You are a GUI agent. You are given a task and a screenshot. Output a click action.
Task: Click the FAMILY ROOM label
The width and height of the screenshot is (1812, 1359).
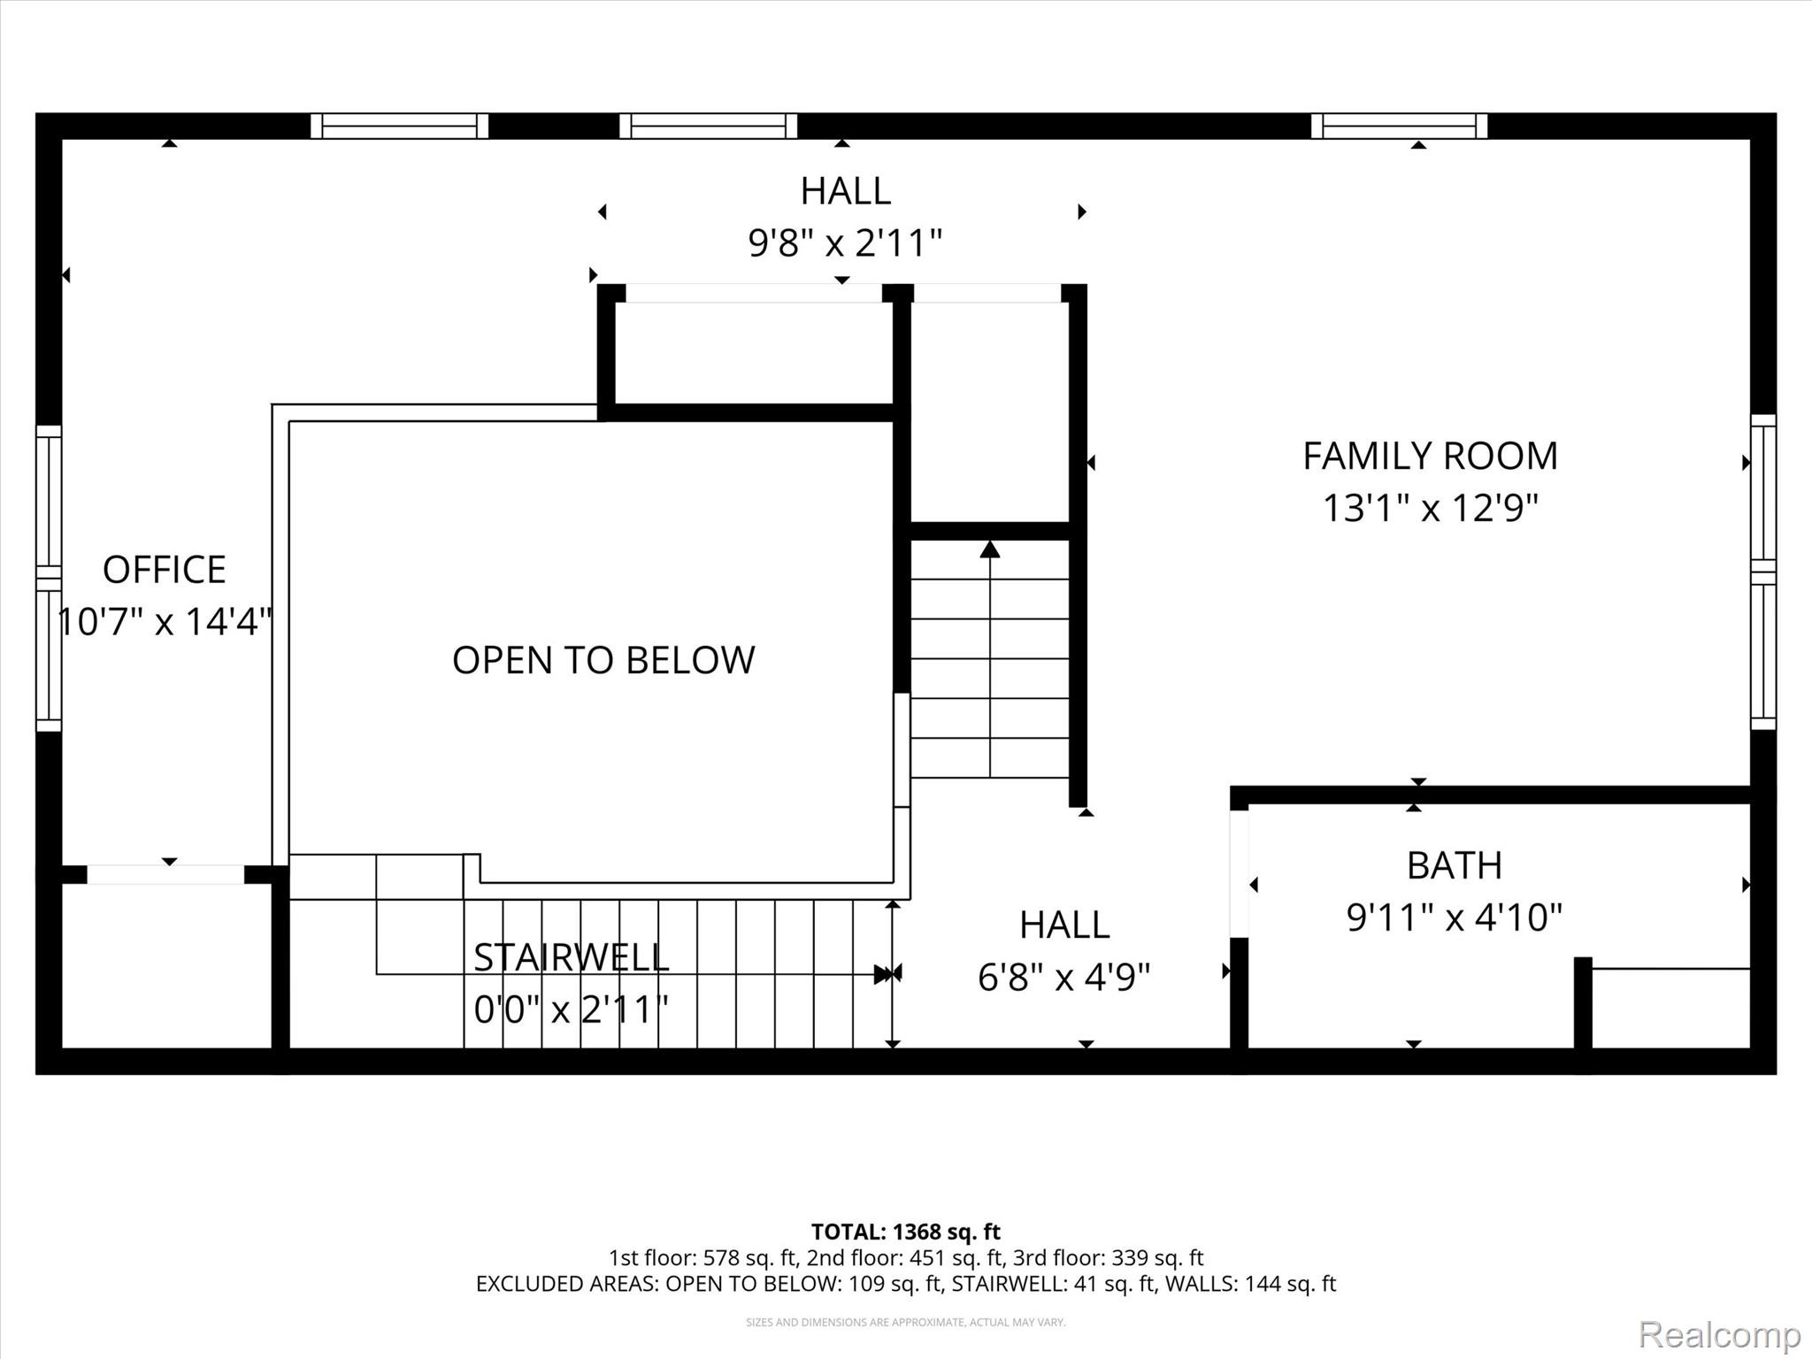(1430, 457)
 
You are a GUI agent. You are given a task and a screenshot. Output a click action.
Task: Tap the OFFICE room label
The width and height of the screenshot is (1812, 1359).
(165, 570)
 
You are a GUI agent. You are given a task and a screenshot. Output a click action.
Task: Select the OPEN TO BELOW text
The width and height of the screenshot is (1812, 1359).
(603, 660)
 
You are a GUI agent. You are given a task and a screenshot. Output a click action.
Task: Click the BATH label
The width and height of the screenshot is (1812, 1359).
(1455, 865)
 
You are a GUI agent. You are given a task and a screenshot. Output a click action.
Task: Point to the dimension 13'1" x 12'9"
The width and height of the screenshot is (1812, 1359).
(1430, 509)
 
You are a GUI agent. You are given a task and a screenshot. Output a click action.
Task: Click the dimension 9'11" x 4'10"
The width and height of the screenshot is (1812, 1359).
(1455, 918)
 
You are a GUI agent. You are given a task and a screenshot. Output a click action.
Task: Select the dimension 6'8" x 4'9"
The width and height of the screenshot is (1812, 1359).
(1063, 978)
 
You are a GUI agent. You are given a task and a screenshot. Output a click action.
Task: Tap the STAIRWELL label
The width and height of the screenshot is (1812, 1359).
(572, 957)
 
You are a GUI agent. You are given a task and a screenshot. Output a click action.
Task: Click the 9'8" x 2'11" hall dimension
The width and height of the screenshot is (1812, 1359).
(845, 242)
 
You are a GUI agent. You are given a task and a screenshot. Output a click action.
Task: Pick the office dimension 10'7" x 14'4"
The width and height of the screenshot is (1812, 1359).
(165, 622)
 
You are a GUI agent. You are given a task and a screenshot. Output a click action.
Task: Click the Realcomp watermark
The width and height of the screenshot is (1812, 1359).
(1719, 1333)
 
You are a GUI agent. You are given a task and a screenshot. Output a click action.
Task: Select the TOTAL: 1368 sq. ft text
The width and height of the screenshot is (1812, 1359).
(905, 1232)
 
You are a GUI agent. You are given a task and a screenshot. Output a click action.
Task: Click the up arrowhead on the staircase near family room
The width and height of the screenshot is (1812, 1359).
(990, 550)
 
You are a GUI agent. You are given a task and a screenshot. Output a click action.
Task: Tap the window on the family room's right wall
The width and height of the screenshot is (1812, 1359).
(1763, 572)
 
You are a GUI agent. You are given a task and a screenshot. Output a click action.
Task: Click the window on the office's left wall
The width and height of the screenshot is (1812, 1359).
(49, 579)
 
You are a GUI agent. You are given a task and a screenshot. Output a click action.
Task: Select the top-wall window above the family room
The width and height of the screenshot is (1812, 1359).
(1399, 127)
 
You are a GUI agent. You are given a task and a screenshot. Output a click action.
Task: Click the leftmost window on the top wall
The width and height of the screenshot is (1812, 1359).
(399, 127)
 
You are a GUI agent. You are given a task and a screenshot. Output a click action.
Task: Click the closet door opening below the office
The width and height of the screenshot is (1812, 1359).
(165, 875)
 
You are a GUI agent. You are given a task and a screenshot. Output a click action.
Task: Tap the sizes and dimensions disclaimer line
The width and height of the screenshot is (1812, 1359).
(905, 1322)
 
